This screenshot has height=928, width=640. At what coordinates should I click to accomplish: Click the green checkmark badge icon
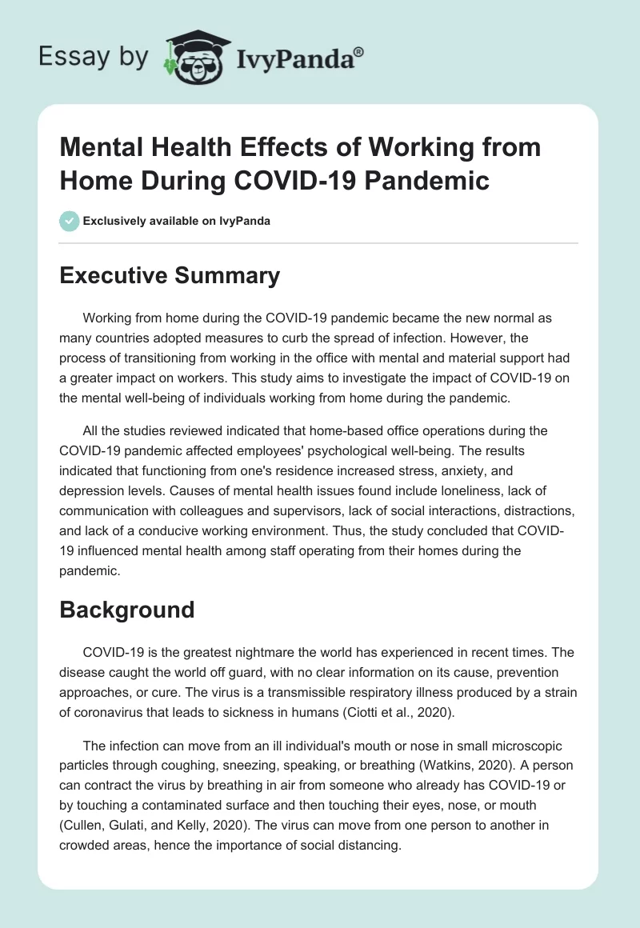[x=70, y=221]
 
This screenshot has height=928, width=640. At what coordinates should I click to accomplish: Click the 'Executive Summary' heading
[x=170, y=275]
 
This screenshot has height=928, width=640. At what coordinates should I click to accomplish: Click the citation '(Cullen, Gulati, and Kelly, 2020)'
[x=159, y=824]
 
